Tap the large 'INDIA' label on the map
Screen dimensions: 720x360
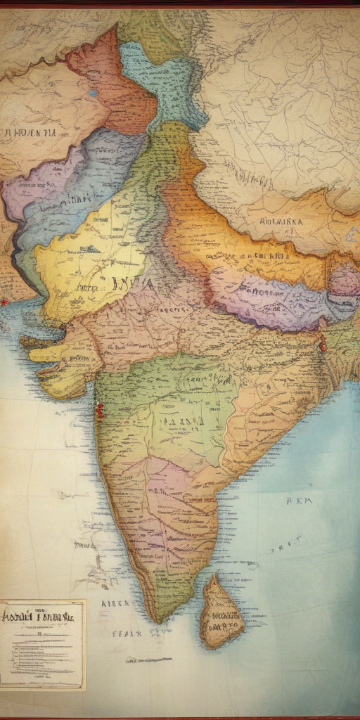131,283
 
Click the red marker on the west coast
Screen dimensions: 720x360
99,411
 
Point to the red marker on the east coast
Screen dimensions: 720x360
323,345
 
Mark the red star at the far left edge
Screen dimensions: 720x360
4,302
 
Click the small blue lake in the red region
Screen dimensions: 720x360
93,93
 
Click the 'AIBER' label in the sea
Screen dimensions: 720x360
114,603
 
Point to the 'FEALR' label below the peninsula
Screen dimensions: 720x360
127,633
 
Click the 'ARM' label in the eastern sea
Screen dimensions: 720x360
299,501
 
